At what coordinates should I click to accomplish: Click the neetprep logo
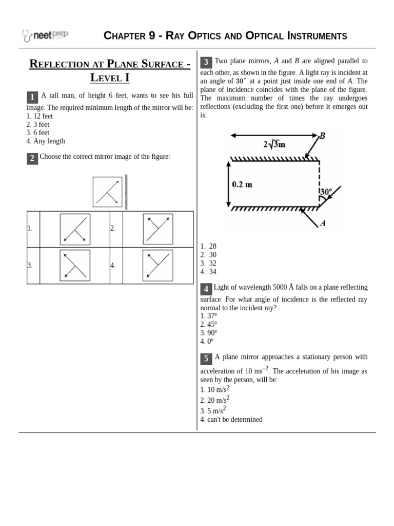(45, 35)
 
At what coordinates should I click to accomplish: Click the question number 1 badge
(32, 97)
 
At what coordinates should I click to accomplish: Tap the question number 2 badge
(32, 158)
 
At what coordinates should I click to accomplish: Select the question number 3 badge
(206, 63)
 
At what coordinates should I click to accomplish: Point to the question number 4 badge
(206, 289)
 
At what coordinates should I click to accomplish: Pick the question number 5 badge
(206, 359)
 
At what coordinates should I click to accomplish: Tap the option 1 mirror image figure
(75, 229)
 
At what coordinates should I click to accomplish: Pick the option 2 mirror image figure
(158, 229)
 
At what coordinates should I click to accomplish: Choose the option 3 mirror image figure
(75, 266)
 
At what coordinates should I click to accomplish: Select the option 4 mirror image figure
(158, 266)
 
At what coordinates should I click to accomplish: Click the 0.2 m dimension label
(242, 184)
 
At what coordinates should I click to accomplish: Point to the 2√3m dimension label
(274, 144)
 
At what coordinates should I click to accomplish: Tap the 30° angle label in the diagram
(326, 192)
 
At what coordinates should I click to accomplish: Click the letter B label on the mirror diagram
(322, 136)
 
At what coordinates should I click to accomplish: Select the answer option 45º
(209, 324)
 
